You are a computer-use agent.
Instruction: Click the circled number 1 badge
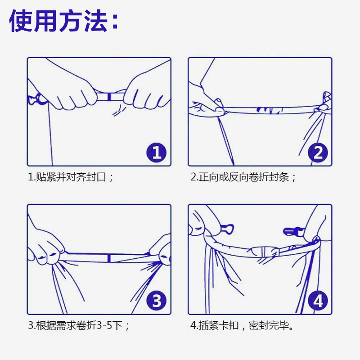click(x=156, y=153)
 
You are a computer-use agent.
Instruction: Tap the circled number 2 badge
click(x=318, y=153)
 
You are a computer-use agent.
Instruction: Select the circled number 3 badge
click(x=156, y=301)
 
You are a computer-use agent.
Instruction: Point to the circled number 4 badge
click(x=318, y=301)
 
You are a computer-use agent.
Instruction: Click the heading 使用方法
click(x=63, y=21)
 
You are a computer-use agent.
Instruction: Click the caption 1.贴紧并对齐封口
click(x=71, y=177)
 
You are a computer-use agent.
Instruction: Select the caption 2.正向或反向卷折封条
click(x=243, y=177)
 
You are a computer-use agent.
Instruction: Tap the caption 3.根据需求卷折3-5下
click(x=78, y=325)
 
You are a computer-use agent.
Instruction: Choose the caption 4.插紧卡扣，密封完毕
click(x=242, y=325)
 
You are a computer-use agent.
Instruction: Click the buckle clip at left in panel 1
click(x=37, y=99)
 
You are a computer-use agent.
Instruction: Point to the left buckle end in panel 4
click(x=227, y=229)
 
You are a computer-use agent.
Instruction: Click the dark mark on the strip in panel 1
click(x=109, y=97)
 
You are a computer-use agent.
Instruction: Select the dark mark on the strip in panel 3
click(x=109, y=258)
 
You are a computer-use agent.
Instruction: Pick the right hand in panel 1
click(x=147, y=91)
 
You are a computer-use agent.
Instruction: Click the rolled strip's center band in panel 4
click(x=265, y=252)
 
